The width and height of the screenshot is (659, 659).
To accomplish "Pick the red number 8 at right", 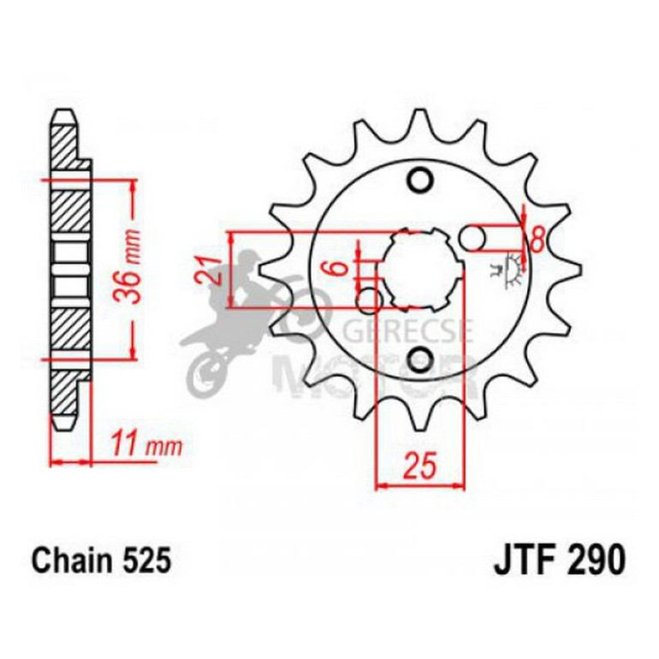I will click(537, 239).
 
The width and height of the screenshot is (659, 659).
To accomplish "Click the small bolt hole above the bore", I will click(419, 181).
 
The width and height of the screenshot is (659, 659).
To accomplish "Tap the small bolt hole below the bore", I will click(419, 359).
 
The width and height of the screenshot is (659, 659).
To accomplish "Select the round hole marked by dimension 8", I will click(473, 238).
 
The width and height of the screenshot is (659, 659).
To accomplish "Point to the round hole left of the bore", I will click(369, 300).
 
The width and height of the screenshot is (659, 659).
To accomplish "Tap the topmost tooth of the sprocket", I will click(419, 120).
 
